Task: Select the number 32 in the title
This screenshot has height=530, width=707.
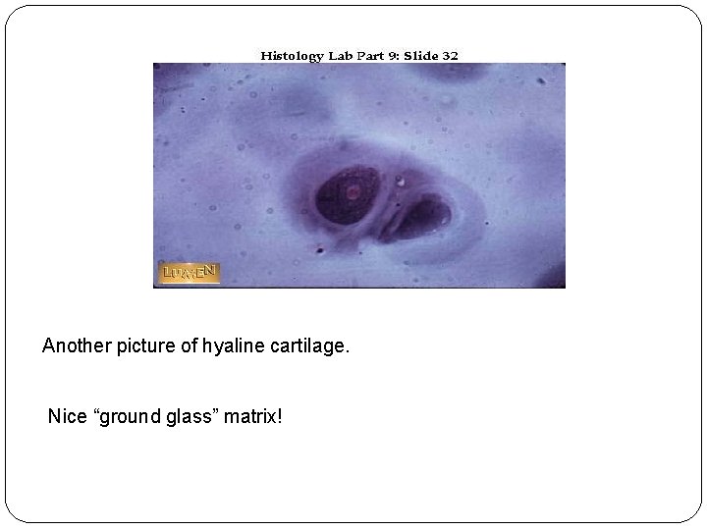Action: point(450,56)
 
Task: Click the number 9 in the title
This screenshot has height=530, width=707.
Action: point(391,56)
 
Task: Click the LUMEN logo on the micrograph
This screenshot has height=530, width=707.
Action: point(189,272)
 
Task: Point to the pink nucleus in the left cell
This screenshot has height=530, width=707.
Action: point(352,193)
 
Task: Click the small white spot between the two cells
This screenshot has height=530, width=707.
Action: point(401,181)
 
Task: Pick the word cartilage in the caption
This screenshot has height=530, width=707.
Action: point(306,346)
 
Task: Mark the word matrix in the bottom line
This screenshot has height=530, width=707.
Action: point(252,418)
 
